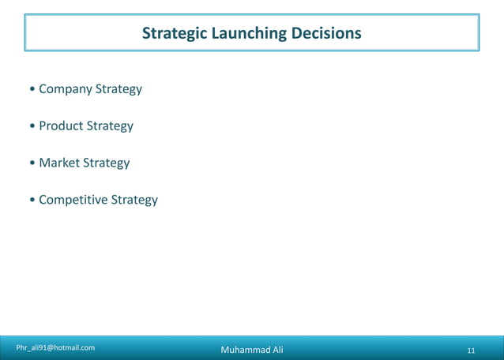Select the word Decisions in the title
325,34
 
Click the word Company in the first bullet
66,89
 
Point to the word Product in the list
61,126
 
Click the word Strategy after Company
118,89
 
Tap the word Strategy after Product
110,126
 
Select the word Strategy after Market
107,163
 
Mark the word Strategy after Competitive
134,200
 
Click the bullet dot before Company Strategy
31,90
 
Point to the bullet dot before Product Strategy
31,127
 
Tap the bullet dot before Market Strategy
31,163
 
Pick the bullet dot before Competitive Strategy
31,201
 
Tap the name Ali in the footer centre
275,350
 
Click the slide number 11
471,351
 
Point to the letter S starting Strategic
146,34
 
